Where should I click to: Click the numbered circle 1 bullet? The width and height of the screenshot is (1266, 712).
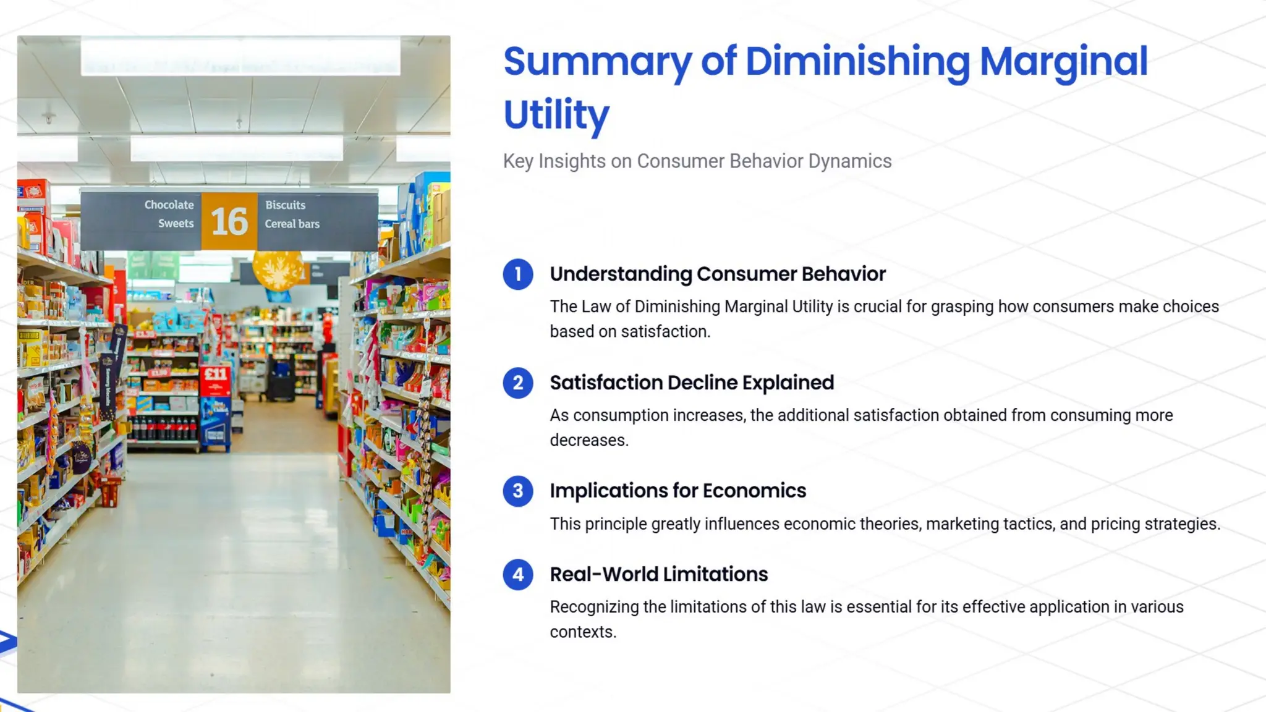tap(518, 274)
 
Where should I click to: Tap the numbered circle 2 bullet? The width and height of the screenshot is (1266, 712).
tap(518, 383)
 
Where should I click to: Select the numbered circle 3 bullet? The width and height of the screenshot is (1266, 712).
tap(518, 491)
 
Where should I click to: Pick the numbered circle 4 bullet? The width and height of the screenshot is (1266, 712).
tap(518, 575)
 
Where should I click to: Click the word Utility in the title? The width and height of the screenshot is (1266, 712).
tap(556, 115)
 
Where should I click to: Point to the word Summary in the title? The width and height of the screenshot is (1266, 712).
tap(597, 62)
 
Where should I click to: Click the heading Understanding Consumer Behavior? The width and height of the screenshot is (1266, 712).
tap(718, 274)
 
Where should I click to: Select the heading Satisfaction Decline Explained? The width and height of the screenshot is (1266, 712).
tap(692, 383)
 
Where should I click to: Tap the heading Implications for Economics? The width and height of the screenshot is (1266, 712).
tap(678, 491)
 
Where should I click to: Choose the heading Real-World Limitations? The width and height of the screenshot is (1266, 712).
tap(659, 575)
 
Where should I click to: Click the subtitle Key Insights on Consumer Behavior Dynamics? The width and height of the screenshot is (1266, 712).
tap(697, 161)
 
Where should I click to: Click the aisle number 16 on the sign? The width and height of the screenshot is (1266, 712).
tap(229, 222)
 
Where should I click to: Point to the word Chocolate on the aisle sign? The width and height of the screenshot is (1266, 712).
tap(169, 205)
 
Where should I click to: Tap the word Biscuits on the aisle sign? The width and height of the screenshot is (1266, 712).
tap(286, 205)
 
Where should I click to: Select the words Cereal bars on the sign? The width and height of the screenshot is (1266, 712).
tap(292, 224)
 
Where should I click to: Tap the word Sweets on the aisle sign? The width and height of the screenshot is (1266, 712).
tap(176, 224)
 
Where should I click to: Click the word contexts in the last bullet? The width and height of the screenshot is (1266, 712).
tap(582, 632)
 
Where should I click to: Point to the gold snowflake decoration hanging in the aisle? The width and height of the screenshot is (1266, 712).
tap(278, 271)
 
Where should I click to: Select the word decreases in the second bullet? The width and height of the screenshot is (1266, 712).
tap(588, 441)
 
